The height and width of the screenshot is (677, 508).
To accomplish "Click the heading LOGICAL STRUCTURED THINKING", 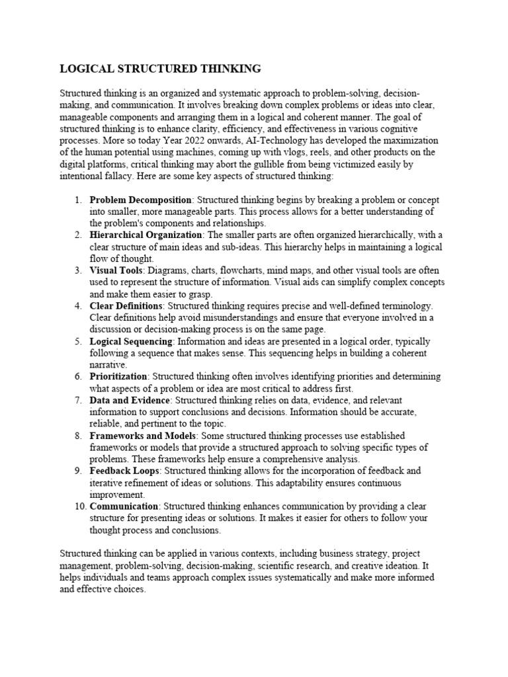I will (160, 69).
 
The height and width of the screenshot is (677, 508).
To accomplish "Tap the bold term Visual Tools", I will (116, 270).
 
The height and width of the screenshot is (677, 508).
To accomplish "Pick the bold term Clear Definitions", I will (126, 306).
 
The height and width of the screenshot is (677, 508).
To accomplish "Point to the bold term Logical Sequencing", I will (131, 341).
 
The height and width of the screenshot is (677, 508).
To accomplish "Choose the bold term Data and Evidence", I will (130, 401).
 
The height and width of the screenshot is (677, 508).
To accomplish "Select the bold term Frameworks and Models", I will (143, 436).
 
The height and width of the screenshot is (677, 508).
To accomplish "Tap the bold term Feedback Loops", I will (124, 471).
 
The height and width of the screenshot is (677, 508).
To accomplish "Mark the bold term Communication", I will (123, 506).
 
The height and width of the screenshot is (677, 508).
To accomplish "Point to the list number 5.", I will (78, 341).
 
